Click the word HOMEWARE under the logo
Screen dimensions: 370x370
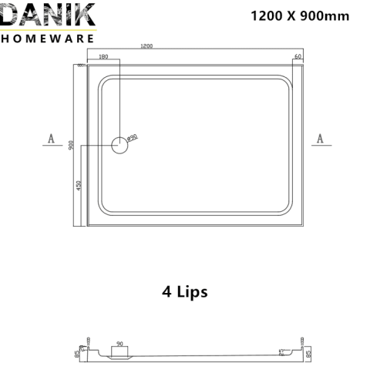(48, 38)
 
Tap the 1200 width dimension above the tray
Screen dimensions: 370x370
(146, 46)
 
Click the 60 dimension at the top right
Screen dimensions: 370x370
(298, 56)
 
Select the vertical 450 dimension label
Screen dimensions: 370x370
(78, 186)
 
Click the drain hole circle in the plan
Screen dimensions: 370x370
(119, 145)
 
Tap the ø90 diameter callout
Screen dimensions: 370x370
(132, 136)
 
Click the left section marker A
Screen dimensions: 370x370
(51, 139)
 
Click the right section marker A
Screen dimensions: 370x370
(320, 139)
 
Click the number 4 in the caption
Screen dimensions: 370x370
(166, 292)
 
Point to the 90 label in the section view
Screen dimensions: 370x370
(119, 344)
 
